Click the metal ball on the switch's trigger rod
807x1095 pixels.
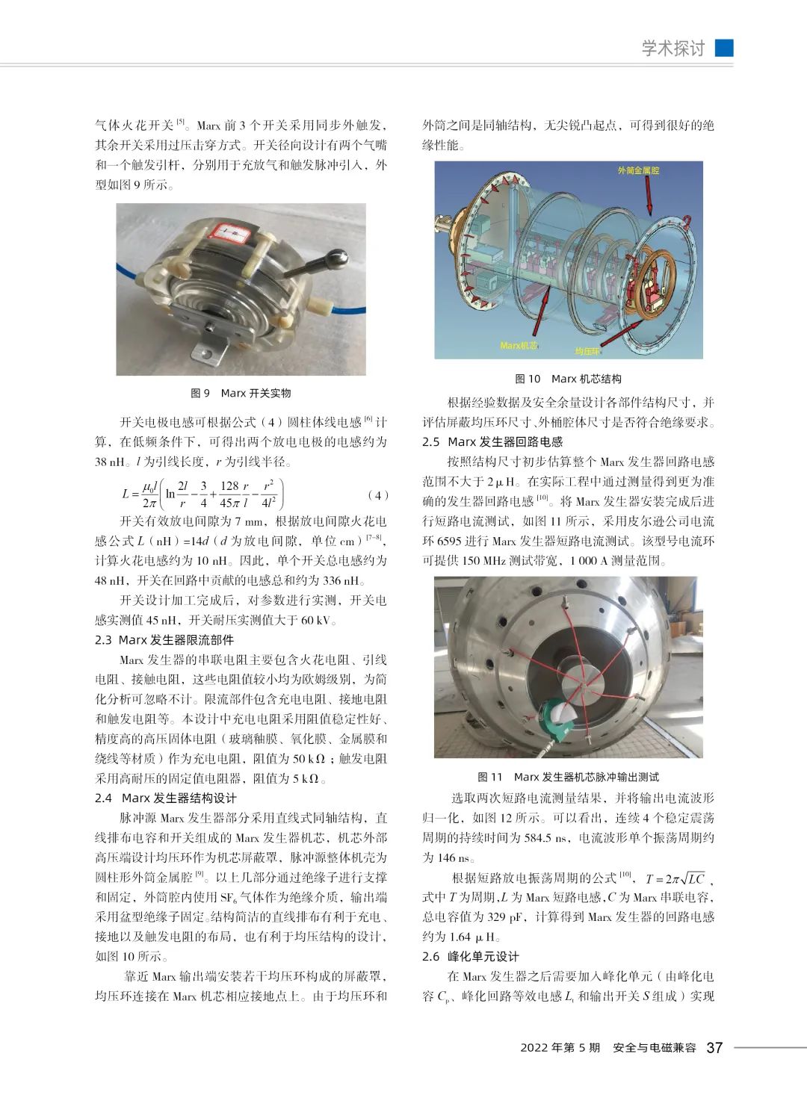point(339,259)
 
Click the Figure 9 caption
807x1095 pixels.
point(241,394)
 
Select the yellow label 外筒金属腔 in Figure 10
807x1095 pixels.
point(639,171)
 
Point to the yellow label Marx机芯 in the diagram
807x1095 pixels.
point(519,346)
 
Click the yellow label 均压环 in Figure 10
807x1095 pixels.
point(587,350)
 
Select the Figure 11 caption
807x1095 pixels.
point(568,778)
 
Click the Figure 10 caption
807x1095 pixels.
point(568,379)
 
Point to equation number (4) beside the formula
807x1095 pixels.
point(379,495)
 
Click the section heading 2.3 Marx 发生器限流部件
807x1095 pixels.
point(164,640)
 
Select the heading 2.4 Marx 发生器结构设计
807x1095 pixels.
point(166,798)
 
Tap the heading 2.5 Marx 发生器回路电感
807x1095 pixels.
point(492,442)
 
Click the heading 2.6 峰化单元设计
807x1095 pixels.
point(471,957)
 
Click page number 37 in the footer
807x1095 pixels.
point(714,1047)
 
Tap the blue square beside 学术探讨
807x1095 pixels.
point(724,48)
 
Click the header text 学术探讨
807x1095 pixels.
point(673,49)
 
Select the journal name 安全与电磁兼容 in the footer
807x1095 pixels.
point(654,1048)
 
